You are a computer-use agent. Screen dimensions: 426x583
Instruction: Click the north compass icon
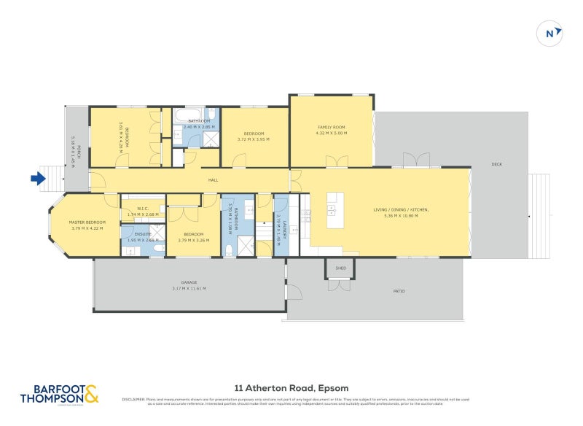coord(550,33)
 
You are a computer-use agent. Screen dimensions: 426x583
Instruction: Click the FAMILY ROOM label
coord(330,126)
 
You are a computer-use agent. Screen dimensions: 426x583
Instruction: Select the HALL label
coord(214,179)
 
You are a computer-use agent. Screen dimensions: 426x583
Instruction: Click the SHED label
coord(340,268)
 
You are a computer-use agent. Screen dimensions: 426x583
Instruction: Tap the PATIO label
coord(399,291)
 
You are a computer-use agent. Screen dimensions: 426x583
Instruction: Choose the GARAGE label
coord(189,282)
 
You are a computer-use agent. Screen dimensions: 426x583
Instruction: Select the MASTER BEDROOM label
coord(87,222)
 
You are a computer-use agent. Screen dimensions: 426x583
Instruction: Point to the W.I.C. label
coord(143,208)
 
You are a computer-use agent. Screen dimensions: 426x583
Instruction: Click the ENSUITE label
coord(142,233)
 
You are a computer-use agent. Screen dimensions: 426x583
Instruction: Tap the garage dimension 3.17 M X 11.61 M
coord(189,289)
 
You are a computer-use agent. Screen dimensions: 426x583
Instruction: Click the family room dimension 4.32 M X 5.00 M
coord(331,133)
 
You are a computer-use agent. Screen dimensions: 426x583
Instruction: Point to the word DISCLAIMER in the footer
coord(133,399)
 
